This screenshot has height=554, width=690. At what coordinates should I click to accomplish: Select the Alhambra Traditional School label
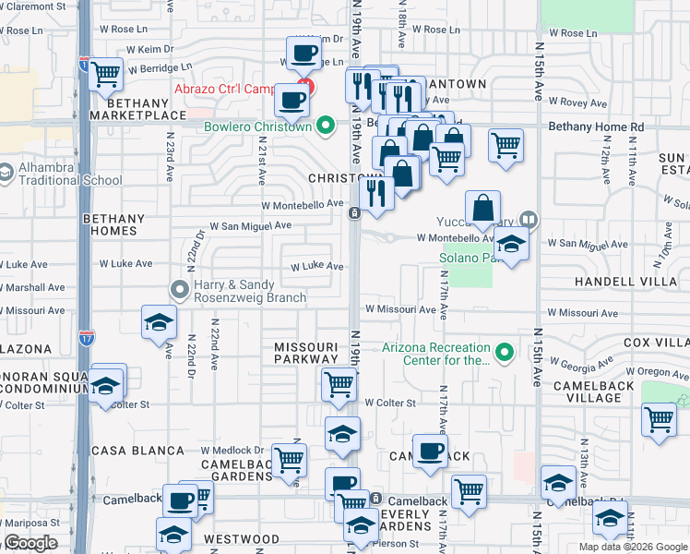[69, 175]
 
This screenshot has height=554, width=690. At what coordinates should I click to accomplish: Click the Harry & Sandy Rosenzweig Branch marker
[181, 290]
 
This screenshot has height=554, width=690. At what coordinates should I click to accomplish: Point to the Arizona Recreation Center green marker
[504, 353]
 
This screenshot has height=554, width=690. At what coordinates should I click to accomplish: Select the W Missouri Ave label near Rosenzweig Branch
[31, 311]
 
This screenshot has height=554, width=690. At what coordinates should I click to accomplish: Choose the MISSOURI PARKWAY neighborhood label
[306, 353]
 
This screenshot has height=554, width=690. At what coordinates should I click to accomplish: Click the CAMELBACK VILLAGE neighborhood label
[580, 391]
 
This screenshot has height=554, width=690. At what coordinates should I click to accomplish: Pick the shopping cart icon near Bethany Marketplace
[107, 72]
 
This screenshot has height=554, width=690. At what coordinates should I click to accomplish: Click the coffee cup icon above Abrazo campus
[303, 52]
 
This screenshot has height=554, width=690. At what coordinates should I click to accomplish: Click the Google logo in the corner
[30, 543]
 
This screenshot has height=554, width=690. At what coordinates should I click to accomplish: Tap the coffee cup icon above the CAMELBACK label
[429, 451]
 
